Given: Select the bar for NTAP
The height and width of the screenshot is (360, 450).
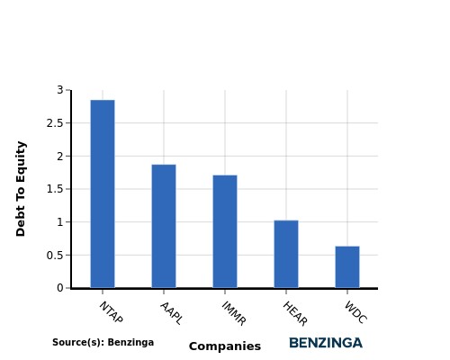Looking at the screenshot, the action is coord(103,193).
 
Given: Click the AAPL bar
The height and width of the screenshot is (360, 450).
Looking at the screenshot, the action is coord(164,226).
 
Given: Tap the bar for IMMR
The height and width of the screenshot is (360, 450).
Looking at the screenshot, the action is coord(225,231).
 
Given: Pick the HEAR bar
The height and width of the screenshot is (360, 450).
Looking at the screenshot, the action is coord(286,254).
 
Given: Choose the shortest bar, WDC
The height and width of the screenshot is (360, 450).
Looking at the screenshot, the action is coord(347,267).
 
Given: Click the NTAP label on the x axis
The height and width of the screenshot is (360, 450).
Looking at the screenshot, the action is coord(111,312).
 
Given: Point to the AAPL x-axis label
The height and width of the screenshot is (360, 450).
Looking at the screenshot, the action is coord(171,313).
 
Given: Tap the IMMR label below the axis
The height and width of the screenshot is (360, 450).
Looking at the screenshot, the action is coord(234,313).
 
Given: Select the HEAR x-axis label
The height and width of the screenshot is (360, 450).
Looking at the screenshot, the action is coord(295,313).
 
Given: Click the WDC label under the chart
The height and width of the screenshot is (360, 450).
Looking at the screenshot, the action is coord(355,312).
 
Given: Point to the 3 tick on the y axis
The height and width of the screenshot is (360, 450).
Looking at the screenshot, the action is coord(60,90).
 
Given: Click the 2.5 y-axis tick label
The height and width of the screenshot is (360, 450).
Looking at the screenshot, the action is coord(55,123).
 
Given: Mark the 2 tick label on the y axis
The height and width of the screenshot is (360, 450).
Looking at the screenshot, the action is coord(60,156).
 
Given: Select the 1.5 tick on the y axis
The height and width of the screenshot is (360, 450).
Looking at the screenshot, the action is coord(55,189).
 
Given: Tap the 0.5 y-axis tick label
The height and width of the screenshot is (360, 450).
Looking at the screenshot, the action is coord(55,256).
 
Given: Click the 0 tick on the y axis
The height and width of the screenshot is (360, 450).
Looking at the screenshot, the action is coord(60,288).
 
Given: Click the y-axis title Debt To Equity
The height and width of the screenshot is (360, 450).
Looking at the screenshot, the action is coord(21,189).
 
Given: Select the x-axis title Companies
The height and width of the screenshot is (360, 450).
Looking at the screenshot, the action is coord(225,346).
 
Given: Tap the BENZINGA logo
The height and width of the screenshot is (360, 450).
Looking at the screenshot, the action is coord(326,343).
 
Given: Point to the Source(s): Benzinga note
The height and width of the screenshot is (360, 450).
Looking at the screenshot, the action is coord(103,342).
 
